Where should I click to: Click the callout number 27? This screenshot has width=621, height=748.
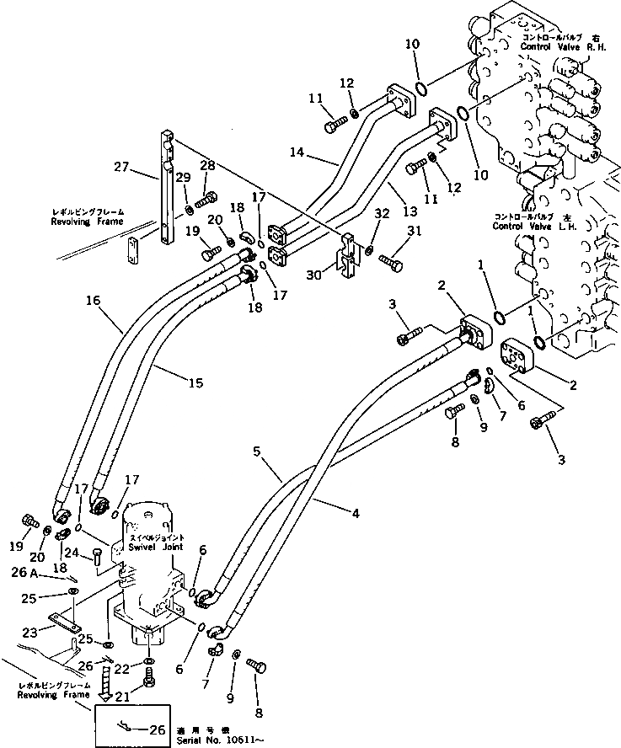121,168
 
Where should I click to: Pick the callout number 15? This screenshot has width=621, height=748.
195,382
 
